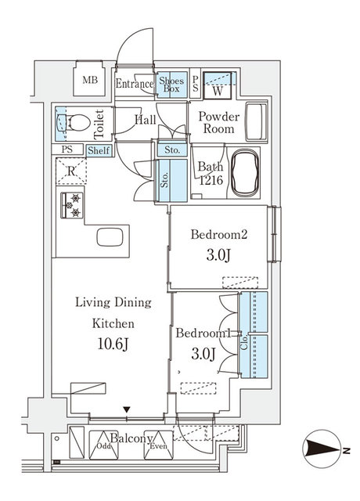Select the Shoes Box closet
(171, 85)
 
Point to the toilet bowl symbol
(73, 123)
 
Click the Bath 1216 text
(211, 173)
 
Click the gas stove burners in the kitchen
(71, 205)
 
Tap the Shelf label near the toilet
(99, 150)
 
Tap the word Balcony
(131, 439)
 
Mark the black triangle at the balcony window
(127, 409)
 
